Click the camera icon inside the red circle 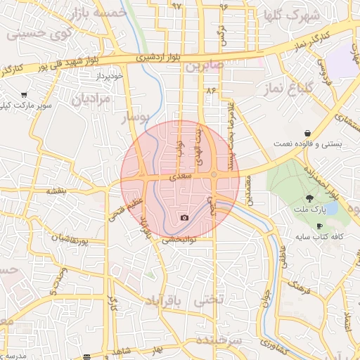pos(184,218)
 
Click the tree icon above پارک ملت pos(311,198)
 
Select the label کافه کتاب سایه pos(320,238)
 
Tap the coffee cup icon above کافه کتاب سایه pos(320,226)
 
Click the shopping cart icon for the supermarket pos(24,95)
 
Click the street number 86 pos(210,90)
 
